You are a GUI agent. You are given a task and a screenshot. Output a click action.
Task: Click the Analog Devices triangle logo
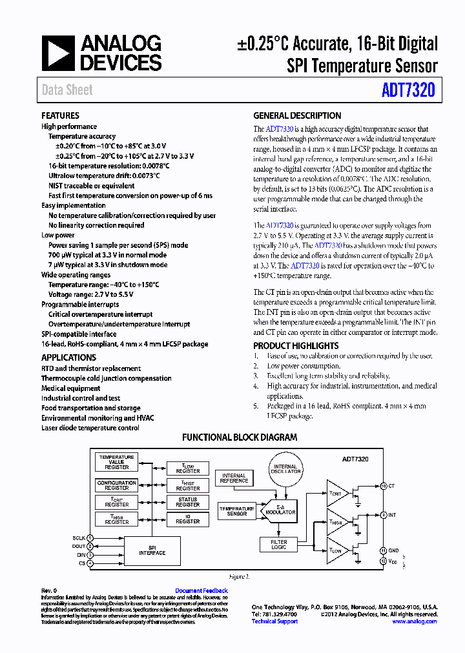(58, 53)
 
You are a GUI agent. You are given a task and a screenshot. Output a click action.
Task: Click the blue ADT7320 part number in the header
(408, 90)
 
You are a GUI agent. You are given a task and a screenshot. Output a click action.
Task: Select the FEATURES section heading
(60, 116)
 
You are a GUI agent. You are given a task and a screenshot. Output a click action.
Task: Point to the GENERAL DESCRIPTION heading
(297, 116)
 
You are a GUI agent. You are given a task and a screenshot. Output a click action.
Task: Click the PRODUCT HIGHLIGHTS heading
(296, 346)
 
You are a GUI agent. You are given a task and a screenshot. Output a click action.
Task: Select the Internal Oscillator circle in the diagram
(285, 469)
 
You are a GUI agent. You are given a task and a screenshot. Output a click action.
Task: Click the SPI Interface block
(152, 550)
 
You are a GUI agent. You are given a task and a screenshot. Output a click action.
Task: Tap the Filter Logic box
(278, 545)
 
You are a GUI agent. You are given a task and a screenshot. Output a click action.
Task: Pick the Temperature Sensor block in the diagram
(237, 511)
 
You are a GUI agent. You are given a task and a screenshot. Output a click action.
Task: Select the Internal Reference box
(234, 478)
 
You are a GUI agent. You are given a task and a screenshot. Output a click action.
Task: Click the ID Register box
(188, 519)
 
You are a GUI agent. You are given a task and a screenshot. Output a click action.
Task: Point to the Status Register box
(188, 502)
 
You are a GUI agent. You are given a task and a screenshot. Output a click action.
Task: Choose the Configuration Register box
(117, 485)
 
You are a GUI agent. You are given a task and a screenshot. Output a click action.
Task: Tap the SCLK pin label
(79, 537)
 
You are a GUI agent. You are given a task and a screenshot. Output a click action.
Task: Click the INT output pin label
(393, 515)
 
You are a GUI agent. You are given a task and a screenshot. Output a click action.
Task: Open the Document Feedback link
(201, 590)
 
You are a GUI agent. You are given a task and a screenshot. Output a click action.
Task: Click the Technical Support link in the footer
(274, 621)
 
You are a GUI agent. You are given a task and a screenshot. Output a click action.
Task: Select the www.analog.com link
(415, 621)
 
